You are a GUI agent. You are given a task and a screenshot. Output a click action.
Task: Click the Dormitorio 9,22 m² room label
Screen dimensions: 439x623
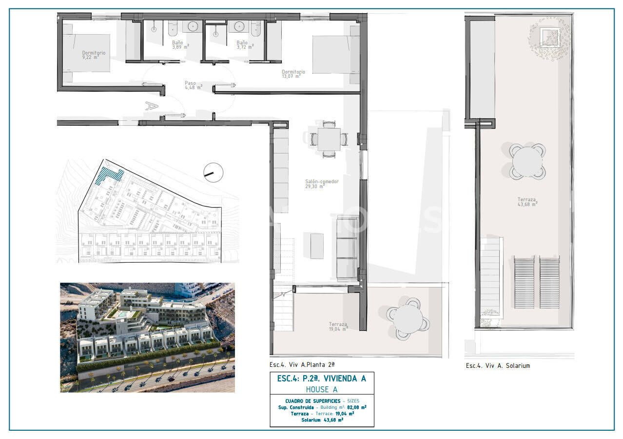(x=94, y=55)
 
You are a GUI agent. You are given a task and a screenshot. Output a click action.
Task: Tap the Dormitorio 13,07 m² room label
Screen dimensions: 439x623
(x=293, y=74)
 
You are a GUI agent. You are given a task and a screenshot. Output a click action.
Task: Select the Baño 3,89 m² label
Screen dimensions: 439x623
(x=180, y=44)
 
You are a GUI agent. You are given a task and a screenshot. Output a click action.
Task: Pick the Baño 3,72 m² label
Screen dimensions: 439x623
(x=244, y=44)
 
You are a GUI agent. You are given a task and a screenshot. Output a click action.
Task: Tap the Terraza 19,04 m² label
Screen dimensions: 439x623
(x=337, y=326)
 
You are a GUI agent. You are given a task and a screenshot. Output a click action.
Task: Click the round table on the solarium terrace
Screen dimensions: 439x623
(x=527, y=161)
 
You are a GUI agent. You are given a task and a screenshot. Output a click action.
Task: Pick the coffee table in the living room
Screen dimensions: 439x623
(x=317, y=246)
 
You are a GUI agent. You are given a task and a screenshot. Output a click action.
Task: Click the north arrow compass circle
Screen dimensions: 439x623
(x=213, y=172)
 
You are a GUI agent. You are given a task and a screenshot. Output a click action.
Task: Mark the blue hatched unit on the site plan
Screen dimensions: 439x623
(x=109, y=174)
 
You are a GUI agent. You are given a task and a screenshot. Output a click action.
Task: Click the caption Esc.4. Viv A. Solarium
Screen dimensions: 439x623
(x=497, y=365)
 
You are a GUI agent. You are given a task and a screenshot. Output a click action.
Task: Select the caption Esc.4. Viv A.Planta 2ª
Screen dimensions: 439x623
(x=302, y=364)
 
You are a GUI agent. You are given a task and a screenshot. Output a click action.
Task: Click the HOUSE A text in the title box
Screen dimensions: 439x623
(x=322, y=389)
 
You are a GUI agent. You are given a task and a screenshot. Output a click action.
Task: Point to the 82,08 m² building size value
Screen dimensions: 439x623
(x=357, y=407)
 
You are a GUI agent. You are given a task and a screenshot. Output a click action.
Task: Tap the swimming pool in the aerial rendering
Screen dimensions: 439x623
(x=119, y=315)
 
